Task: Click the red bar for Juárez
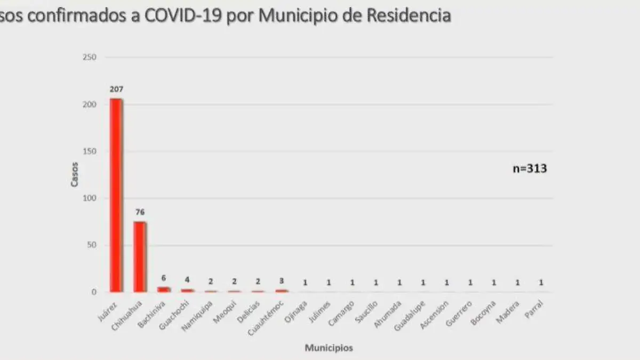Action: pos(116,195)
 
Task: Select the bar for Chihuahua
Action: pos(140,257)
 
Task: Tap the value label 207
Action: pos(116,89)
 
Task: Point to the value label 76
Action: pos(140,212)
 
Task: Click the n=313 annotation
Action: pos(530,169)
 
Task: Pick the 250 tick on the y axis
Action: pos(89,57)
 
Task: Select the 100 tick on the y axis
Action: pos(89,198)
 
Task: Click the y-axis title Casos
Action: pos(75,174)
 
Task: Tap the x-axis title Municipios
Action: pos(329,348)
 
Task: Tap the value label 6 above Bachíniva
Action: pos(164,278)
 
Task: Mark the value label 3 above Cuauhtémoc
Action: pos(281,281)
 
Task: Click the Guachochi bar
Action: pos(187,290)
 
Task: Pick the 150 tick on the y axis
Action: pos(89,151)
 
